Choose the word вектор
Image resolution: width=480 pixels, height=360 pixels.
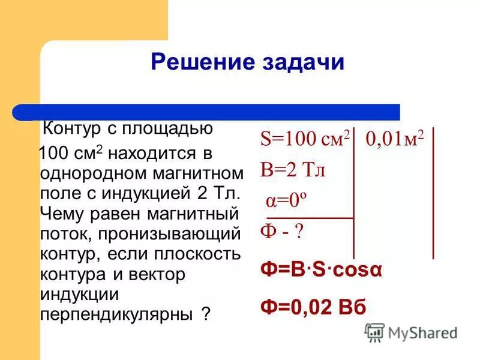[x=158, y=275]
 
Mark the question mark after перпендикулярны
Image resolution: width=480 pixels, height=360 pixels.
[x=206, y=314]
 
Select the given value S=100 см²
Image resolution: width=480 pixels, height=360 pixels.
[x=305, y=140]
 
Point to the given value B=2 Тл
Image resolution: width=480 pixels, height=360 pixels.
[x=292, y=170]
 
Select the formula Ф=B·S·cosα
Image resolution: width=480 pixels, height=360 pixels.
[x=321, y=269]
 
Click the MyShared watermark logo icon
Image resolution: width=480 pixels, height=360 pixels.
[x=375, y=332]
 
